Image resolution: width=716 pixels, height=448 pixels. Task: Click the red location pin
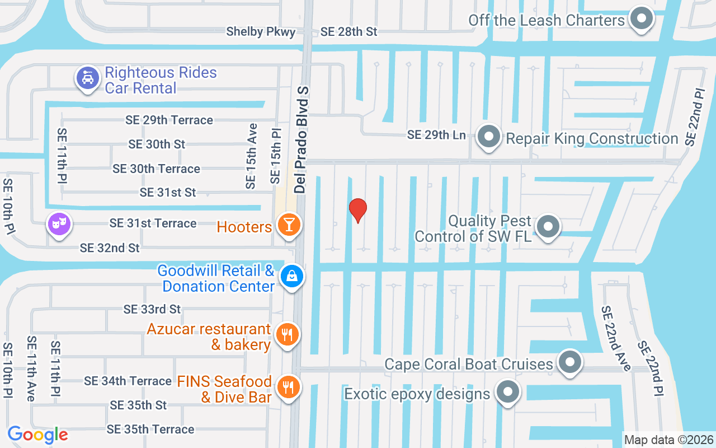click(x=358, y=210)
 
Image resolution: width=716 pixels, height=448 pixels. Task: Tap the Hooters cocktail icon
click(x=290, y=225)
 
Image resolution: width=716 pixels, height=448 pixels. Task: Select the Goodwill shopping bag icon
click(x=292, y=276)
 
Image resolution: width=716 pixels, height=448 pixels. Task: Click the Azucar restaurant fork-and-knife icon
click(x=288, y=335)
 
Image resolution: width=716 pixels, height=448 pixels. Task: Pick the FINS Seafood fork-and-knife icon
click(x=289, y=388)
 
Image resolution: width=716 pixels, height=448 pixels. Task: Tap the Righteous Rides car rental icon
click(x=88, y=78)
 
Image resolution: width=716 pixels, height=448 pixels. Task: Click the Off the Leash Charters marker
click(x=642, y=19)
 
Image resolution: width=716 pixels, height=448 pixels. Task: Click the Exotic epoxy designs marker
click(x=508, y=392)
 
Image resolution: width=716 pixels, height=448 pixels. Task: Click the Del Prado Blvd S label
click(x=302, y=140)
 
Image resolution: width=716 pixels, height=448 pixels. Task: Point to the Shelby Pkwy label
click(x=261, y=32)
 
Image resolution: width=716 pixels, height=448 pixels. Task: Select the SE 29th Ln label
click(x=436, y=135)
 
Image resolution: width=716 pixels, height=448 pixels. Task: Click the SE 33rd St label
click(x=152, y=309)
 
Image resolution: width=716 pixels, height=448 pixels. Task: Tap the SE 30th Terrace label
click(x=156, y=169)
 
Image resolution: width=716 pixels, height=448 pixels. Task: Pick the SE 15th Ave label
click(x=251, y=156)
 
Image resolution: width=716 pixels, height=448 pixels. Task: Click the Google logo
click(x=38, y=435)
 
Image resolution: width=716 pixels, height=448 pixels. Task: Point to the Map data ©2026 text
click(x=669, y=440)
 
